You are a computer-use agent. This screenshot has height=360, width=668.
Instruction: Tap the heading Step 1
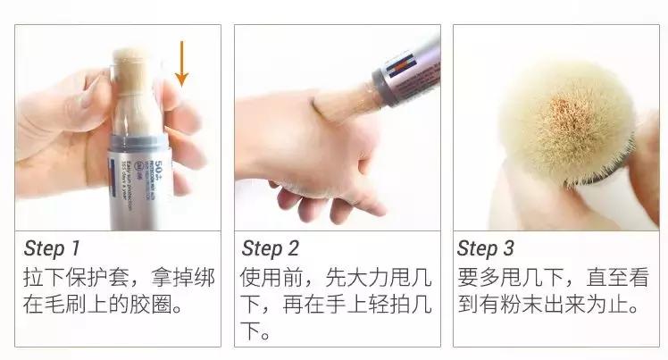click(x=51, y=247)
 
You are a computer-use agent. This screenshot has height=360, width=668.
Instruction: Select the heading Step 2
click(x=270, y=247)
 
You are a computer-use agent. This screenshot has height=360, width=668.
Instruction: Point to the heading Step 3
click(x=488, y=247)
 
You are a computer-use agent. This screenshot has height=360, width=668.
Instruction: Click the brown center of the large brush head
click(x=563, y=112)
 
